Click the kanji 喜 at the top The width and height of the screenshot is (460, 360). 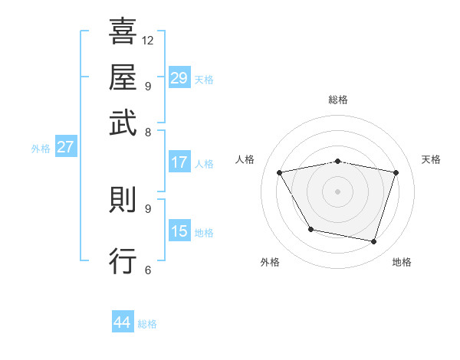(x=123, y=33)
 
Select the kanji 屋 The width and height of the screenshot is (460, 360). (x=123, y=78)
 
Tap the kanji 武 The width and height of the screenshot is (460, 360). (x=123, y=123)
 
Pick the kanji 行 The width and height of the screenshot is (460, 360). (x=123, y=261)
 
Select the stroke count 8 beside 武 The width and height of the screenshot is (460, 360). (x=147, y=132)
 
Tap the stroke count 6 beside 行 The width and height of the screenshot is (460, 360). (x=147, y=270)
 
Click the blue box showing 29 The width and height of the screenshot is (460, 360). (x=179, y=78)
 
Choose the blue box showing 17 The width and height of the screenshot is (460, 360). (x=179, y=162)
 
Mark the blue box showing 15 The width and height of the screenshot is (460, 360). (x=179, y=231)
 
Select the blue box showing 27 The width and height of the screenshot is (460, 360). (x=65, y=147)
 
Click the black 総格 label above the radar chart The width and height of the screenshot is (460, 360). (x=337, y=100)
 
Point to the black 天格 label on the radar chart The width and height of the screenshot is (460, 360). (x=431, y=159)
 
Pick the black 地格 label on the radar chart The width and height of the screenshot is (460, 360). (x=402, y=262)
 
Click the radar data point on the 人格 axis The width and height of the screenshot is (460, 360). (x=280, y=173)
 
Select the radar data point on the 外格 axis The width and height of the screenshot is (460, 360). (x=310, y=229)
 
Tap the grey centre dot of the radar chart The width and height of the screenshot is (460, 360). (x=337, y=191)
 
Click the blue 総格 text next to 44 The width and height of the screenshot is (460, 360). (x=147, y=324)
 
